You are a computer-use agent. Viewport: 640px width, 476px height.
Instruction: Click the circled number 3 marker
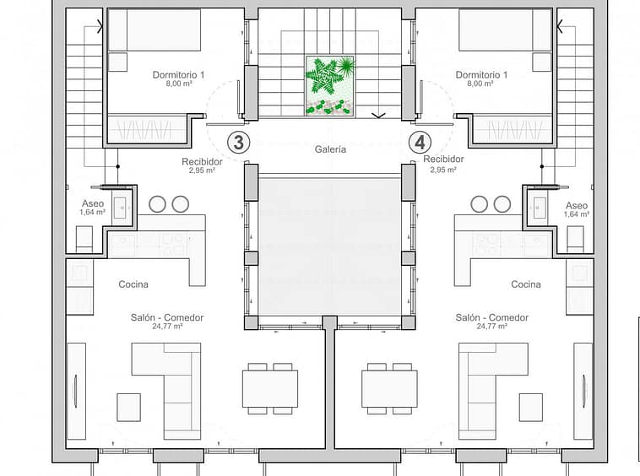(x=238, y=143)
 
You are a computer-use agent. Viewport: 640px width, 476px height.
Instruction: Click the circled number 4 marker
(x=420, y=143)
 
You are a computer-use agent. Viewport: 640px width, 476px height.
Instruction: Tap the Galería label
(x=330, y=149)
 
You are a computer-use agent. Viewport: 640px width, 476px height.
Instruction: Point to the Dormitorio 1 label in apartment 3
(x=178, y=74)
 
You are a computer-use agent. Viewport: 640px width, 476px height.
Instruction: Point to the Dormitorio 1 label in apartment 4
(x=481, y=74)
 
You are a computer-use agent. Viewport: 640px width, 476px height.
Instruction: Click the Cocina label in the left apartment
(x=133, y=284)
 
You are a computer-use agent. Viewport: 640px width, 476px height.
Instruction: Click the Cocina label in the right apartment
(x=526, y=284)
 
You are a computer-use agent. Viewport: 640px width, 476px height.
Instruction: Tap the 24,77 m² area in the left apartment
(x=167, y=327)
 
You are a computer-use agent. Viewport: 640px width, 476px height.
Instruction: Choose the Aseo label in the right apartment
(x=577, y=206)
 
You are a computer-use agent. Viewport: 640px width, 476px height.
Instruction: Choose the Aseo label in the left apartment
(x=93, y=203)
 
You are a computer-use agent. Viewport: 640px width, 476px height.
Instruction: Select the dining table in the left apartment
(x=270, y=389)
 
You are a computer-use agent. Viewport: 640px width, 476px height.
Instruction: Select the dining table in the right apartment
(x=389, y=389)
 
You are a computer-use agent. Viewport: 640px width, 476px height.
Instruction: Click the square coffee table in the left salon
(x=129, y=408)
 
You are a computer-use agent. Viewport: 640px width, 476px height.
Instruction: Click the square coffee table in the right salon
(x=530, y=408)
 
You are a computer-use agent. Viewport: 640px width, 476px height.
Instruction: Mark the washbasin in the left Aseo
(x=120, y=208)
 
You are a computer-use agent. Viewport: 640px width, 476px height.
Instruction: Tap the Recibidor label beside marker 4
(x=443, y=159)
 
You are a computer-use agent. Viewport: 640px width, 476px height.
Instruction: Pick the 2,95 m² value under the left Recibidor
(x=202, y=170)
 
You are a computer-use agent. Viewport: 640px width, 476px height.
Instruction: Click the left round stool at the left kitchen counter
(x=157, y=204)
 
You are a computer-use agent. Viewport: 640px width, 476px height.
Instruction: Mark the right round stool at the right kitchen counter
(x=502, y=204)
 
